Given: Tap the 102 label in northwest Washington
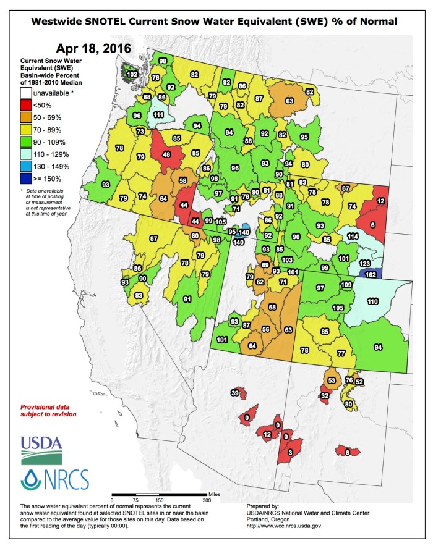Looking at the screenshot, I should pos(132,74).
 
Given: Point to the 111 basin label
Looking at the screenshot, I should pos(158,114).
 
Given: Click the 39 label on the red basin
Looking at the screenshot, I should pos(235,393).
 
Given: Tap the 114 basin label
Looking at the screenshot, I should pos(353,236).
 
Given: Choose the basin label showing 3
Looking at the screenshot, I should pos(290,453).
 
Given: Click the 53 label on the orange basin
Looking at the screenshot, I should pos(332,380).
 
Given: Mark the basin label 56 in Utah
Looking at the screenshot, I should pos(266,330).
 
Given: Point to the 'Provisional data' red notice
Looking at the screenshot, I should pos(48,410).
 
